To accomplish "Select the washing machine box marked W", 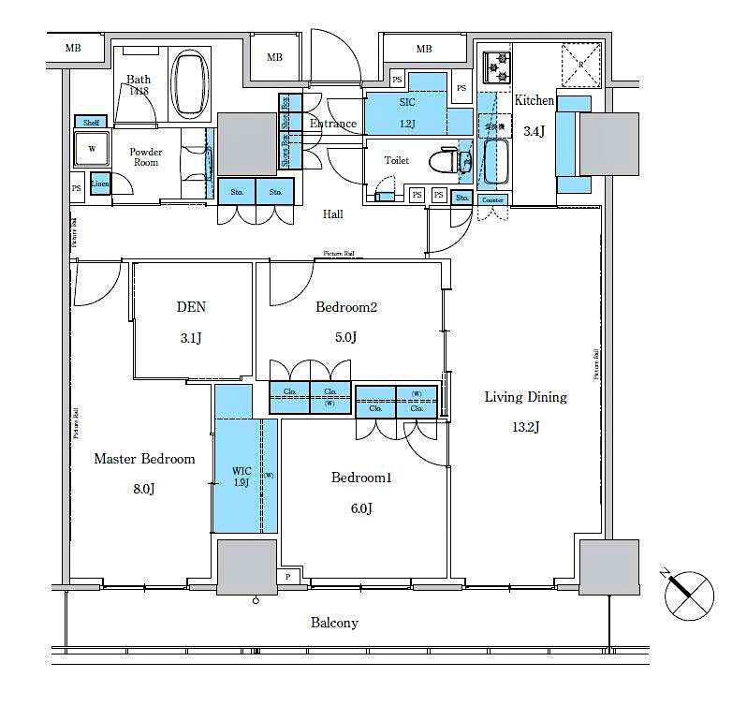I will click(x=92, y=149).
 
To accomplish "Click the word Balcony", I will click(x=334, y=623).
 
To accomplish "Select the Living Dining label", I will click(x=525, y=397).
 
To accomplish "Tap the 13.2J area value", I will click(x=525, y=428).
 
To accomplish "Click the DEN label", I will click(x=191, y=307).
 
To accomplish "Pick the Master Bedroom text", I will click(x=144, y=459).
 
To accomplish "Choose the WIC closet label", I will click(x=242, y=472).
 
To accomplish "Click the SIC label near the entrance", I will click(x=407, y=101).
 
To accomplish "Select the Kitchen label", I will click(x=534, y=101).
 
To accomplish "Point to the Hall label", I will click(x=332, y=214).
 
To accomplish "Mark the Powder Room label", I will click(x=145, y=156).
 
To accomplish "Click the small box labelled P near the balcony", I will click(x=287, y=578).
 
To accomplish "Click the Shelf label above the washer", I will click(x=91, y=123).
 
